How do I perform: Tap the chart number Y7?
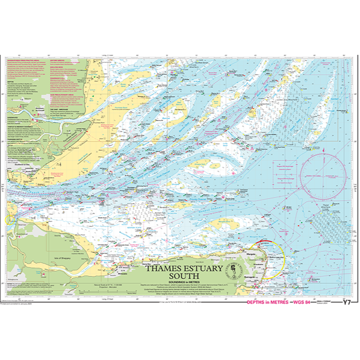pyautogui.click(x=347, y=303)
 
